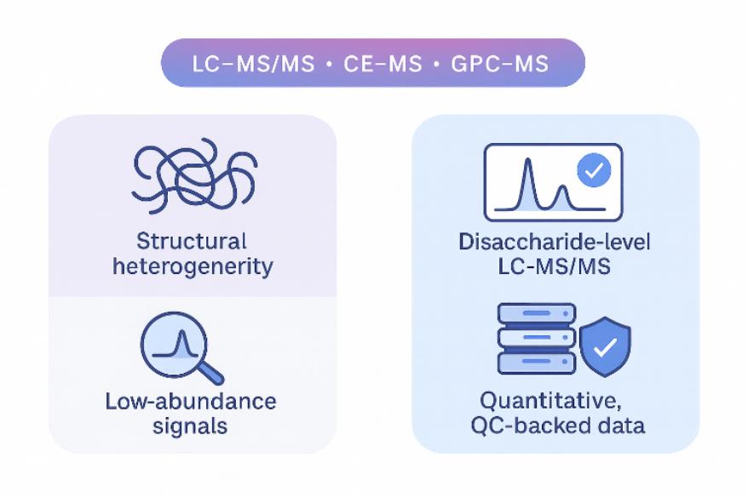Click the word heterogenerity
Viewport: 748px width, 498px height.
[x=192, y=266]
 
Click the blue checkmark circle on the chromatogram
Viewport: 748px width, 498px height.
[x=594, y=171]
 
